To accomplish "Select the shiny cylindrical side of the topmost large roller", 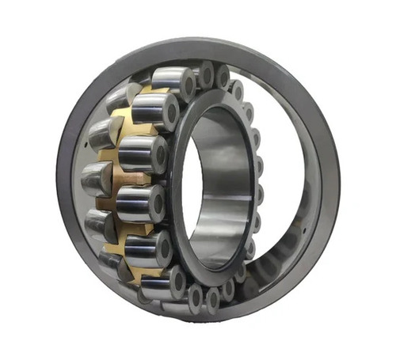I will click(x=168, y=79).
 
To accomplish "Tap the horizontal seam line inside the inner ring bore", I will click(x=226, y=184).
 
